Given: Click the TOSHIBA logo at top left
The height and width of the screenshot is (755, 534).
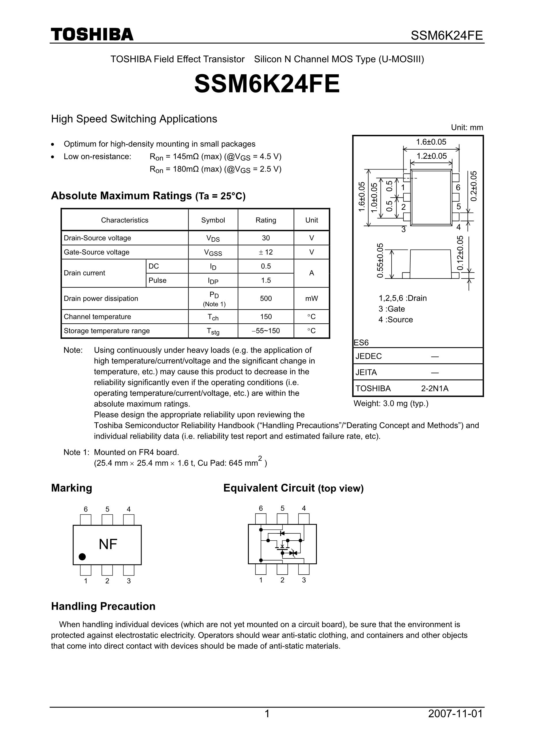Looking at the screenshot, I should click(x=92, y=35).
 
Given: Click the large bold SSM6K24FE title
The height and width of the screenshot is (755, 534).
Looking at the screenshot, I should click(x=267, y=84).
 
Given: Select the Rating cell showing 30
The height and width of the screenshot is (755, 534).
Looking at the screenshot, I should click(x=266, y=238).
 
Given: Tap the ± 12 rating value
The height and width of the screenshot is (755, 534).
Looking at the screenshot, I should click(x=266, y=252).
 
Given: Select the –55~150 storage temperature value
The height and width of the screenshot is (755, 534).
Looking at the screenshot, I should click(x=266, y=331).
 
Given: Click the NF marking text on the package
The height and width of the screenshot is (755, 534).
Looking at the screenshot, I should click(x=108, y=544).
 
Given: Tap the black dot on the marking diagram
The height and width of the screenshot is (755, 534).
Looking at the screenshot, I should click(x=82, y=556).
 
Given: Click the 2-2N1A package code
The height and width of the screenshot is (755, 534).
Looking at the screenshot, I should click(x=435, y=388).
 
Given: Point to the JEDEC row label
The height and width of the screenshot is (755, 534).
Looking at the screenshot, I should click(x=368, y=356).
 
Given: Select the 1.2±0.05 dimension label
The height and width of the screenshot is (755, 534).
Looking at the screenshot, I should click(x=431, y=156).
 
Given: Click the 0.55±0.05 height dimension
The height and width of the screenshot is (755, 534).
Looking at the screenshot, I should click(x=380, y=261).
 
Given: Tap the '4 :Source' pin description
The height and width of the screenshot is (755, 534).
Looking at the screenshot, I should click(x=396, y=319).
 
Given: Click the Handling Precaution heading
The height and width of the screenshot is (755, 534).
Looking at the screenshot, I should click(x=103, y=606).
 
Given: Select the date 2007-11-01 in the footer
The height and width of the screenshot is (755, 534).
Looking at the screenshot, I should click(x=455, y=714).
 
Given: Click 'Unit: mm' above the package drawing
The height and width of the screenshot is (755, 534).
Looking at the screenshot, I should click(x=467, y=127).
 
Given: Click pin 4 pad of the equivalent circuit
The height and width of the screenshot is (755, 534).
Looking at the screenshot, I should click(x=304, y=519).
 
